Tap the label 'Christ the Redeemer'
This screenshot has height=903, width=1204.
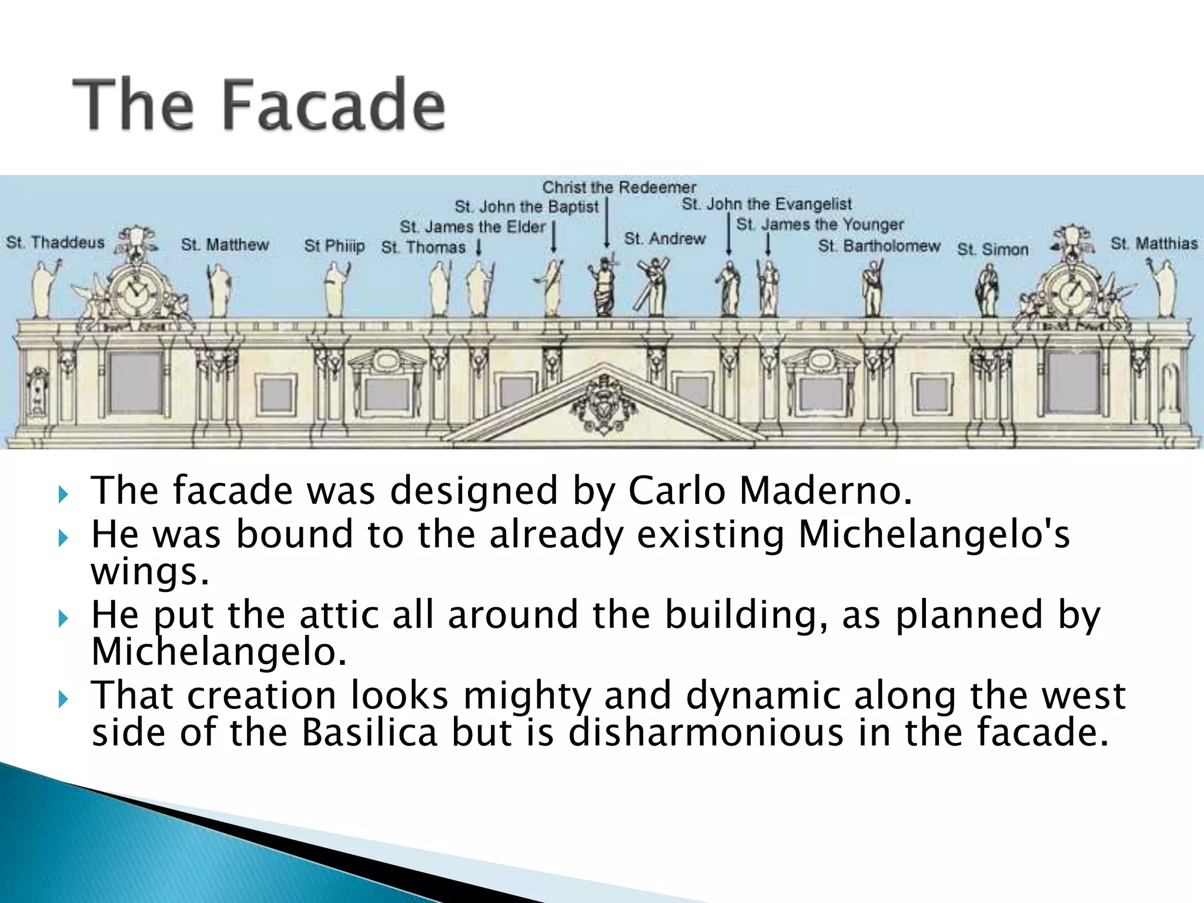coord(618,188)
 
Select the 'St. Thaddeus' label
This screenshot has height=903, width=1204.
coord(55,242)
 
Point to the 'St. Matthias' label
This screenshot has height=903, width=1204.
coord(1153,243)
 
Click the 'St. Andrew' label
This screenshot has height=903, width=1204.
coord(664,239)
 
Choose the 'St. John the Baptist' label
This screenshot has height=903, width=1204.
coord(526,207)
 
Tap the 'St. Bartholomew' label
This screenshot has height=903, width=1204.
coord(879,246)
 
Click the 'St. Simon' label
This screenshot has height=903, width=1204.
coord(992,249)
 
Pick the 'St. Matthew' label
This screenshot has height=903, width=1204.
coord(225,245)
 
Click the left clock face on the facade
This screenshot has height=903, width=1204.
coord(136,292)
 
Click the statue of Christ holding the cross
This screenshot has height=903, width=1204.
coord(604,288)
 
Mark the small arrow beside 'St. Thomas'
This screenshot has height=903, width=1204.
coord(479,248)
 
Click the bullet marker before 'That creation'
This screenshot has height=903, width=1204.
coord(64,700)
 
